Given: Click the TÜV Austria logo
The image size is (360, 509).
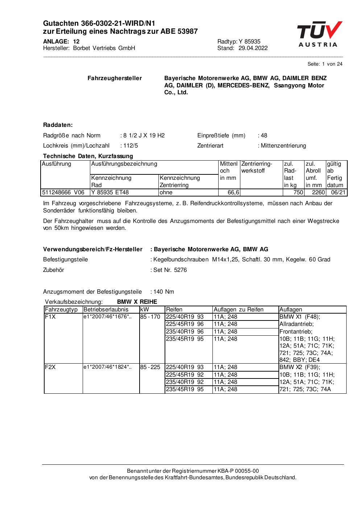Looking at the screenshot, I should (x=319, y=35).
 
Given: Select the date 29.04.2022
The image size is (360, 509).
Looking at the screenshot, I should (x=253, y=48).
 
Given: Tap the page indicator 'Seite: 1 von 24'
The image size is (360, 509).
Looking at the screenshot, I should (x=324, y=64).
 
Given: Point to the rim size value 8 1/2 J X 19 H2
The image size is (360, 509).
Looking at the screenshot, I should (x=144, y=136).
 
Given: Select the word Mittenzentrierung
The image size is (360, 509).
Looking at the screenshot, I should (x=283, y=146).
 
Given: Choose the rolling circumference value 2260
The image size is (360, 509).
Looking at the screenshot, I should (x=318, y=193).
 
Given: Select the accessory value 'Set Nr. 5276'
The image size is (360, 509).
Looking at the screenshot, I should (x=170, y=270).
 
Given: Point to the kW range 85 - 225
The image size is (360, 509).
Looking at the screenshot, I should (x=150, y=367).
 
